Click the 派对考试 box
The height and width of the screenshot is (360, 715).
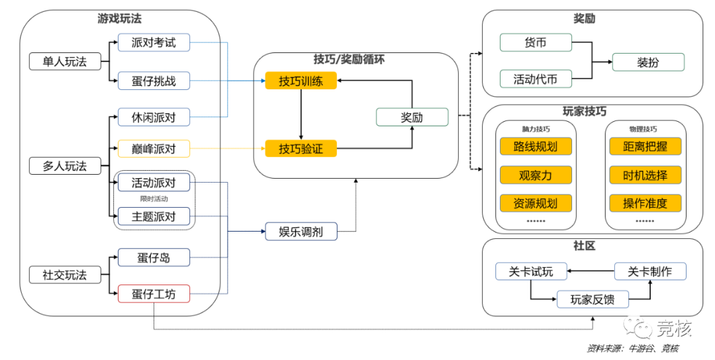click(154, 43)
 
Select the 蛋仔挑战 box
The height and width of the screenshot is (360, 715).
click(154, 81)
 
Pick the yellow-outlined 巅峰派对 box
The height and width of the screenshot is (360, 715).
click(154, 149)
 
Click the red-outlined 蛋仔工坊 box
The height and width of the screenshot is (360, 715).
click(154, 294)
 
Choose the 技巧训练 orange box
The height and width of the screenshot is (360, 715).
click(301, 81)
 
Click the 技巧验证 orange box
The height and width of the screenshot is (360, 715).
click(301, 149)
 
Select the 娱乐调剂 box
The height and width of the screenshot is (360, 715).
click(301, 232)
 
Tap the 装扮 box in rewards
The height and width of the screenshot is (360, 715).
click(647, 63)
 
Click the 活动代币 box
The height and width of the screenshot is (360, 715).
click(535, 79)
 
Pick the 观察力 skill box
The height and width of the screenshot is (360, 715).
click(535, 175)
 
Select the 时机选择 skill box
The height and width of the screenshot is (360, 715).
click(645, 175)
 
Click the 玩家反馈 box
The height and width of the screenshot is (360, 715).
click(592, 300)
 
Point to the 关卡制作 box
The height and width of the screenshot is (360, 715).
click(649, 271)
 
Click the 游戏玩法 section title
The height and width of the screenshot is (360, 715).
click(120, 19)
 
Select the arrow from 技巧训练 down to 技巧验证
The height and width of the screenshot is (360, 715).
click(301, 115)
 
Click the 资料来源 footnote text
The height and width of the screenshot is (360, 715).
click(632, 348)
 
